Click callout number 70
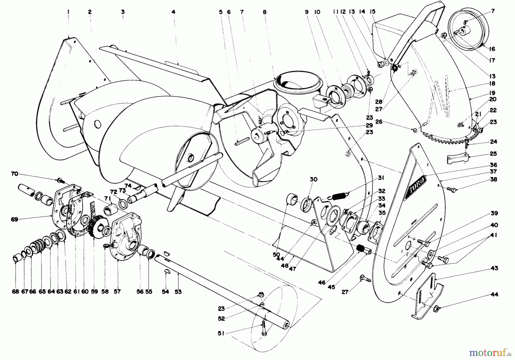point(14,173)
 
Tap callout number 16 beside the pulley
point(492,49)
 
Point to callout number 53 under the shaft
point(178,292)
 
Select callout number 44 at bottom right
point(494,294)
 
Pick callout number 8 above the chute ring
point(264,12)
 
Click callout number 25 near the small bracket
point(493,154)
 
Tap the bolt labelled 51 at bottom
point(263,329)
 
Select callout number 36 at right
point(493,165)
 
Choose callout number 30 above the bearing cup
point(314,179)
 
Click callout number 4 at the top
point(173,12)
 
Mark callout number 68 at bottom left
point(15,292)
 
